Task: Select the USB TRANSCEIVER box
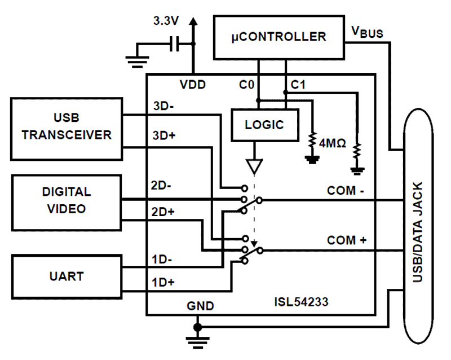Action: pos(67,128)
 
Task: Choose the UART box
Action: pos(67,276)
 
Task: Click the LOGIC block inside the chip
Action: pos(264,125)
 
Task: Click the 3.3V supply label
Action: pos(167,21)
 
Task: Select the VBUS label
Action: pos(367,32)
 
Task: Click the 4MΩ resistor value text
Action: pos(333,143)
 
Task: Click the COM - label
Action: pos(346,191)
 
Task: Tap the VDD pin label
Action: pos(193,85)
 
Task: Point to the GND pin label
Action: pos(200,306)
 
